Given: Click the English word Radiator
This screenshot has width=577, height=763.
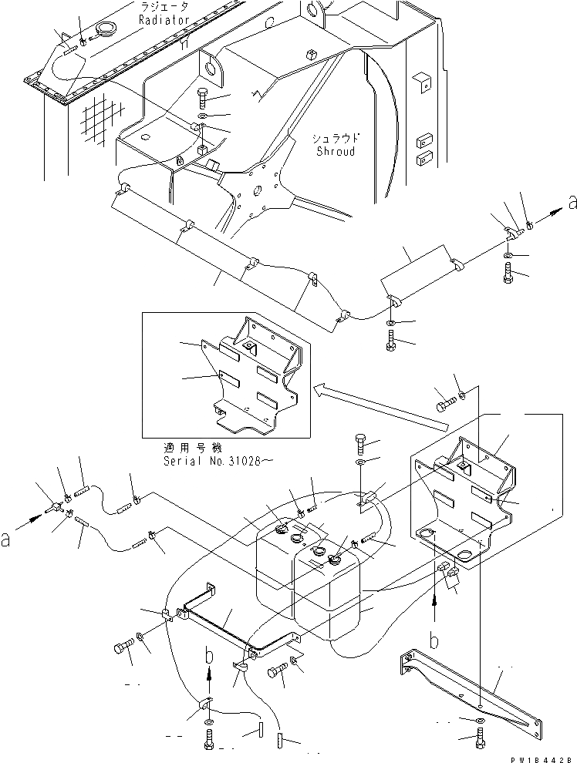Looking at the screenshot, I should pyautogui.click(x=164, y=21).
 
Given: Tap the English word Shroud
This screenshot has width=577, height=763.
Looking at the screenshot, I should pyautogui.click(x=336, y=152).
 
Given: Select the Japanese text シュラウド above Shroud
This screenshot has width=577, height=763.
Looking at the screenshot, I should pyautogui.click(x=336, y=139).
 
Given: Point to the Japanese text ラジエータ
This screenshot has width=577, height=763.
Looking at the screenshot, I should pyautogui.click(x=168, y=7).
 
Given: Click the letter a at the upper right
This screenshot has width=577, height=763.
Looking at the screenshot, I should pyautogui.click(x=571, y=203).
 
